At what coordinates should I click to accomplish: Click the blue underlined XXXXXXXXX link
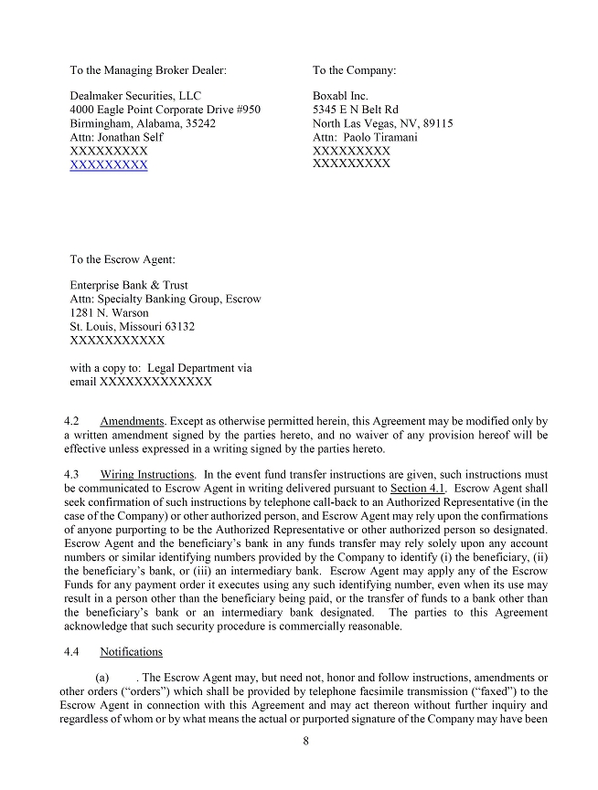pyautogui.click(x=109, y=165)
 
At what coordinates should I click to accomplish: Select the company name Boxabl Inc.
pyautogui.click(x=340, y=96)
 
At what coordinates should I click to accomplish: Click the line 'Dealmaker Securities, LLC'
pyautogui.click(x=135, y=96)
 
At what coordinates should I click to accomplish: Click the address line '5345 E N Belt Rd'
pyautogui.click(x=356, y=110)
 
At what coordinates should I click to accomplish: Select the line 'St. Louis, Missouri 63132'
pyautogui.click(x=133, y=327)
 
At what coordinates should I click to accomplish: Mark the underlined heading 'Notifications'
pyautogui.click(x=131, y=652)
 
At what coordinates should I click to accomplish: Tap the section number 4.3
pyautogui.click(x=72, y=475)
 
